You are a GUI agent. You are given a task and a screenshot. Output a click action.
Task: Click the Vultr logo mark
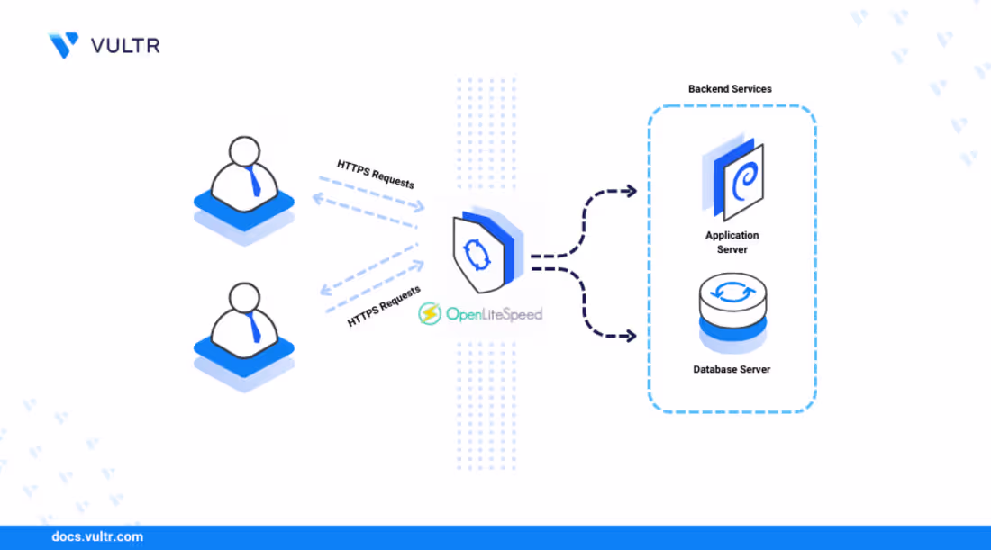pos(63,45)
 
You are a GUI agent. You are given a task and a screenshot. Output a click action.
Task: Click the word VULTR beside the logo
pos(125,45)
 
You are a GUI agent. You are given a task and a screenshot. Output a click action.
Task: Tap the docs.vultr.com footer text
pos(97,536)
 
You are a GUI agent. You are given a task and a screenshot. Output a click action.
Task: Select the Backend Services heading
pos(730,89)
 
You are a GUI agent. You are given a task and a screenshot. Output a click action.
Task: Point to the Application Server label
pos(732,242)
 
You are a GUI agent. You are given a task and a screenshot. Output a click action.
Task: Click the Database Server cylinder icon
pos(732,298)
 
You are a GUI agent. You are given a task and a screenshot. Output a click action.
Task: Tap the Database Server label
pos(732,369)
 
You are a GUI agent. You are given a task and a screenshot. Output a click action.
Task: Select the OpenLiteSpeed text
pos(494,314)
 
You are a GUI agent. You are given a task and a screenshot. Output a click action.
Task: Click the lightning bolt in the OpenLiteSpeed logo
pos(430,314)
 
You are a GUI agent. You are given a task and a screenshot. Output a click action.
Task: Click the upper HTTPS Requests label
pos(376,174)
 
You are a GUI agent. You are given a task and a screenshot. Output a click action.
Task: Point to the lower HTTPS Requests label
pos(384,307)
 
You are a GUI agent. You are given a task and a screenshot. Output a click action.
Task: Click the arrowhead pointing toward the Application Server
pos(631,191)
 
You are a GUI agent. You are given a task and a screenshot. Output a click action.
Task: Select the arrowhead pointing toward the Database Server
pos(631,336)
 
